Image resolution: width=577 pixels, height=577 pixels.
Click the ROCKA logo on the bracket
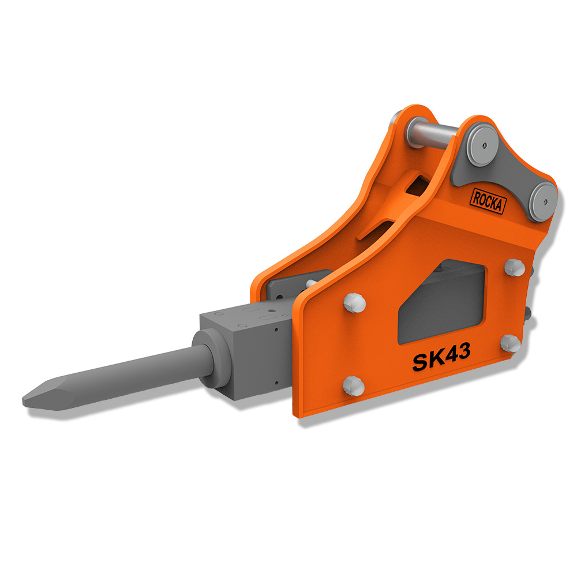pyautogui.click(x=488, y=201)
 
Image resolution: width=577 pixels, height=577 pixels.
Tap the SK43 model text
pyautogui.click(x=441, y=357)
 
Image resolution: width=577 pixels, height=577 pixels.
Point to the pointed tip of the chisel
pyautogui.click(x=24, y=400)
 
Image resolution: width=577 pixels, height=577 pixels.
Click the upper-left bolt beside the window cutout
pyautogui.click(x=354, y=303)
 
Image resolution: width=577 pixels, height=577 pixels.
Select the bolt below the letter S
pyautogui.click(x=354, y=386)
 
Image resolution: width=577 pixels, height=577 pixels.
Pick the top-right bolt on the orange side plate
pyautogui.click(x=515, y=268)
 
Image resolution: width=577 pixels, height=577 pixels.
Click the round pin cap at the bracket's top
pyautogui.click(x=482, y=145)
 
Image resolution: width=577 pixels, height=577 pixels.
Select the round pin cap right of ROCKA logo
pyautogui.click(x=543, y=202)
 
